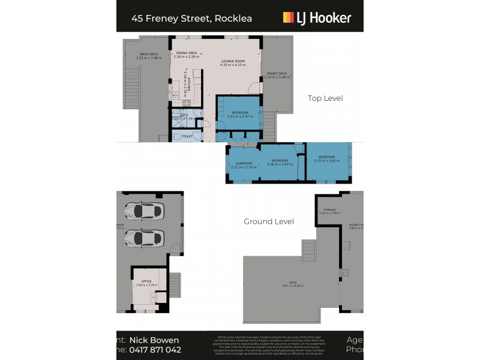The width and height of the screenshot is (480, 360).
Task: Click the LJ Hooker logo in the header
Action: click(317, 17)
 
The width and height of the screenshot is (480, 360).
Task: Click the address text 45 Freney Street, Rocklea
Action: click(191, 18)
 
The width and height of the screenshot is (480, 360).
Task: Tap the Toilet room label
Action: click(187, 136)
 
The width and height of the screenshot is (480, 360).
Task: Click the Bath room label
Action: click(184, 116)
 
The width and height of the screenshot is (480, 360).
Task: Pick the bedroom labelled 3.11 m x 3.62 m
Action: click(326, 158)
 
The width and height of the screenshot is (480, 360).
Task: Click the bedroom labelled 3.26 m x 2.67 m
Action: click(280, 161)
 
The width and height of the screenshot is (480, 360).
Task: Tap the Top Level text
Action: click(325, 98)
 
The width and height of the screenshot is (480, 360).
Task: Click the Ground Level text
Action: click(268, 221)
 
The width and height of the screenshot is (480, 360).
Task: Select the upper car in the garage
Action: click(145, 211)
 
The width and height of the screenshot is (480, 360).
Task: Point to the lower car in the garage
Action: click(145, 238)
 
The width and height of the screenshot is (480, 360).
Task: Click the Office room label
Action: click(146, 281)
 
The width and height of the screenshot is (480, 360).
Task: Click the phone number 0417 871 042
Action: click(155, 349)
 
